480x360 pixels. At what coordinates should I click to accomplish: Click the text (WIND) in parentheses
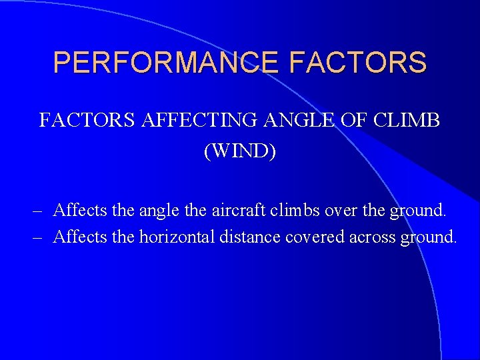pos(240,151)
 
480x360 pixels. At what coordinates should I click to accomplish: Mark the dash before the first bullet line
pos(37,211)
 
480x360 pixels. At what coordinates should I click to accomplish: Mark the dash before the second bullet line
pos(37,237)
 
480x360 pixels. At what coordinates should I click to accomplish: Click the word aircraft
pos(238,211)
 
